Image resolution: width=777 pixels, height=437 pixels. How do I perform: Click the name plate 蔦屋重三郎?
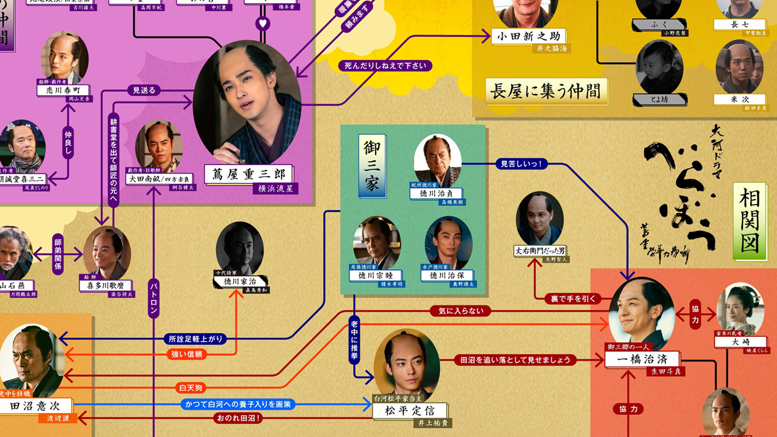pos(248,174)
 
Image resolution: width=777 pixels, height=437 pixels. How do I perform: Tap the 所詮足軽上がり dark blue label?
pos(194,339)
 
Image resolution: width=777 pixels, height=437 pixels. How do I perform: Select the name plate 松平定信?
pos(410,411)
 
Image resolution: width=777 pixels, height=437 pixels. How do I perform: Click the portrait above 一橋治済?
pos(641,313)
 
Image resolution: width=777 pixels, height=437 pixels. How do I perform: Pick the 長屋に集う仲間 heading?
pos(545,90)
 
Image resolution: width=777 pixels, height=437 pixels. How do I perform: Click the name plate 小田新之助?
pos(529,36)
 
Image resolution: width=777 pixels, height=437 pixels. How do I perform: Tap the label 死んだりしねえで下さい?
pos(385,66)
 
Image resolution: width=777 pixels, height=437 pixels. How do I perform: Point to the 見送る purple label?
pos(144,91)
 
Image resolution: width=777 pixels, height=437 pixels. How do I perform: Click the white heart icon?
pos(262,24)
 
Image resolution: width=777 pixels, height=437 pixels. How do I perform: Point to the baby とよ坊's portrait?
pos(659,67)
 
